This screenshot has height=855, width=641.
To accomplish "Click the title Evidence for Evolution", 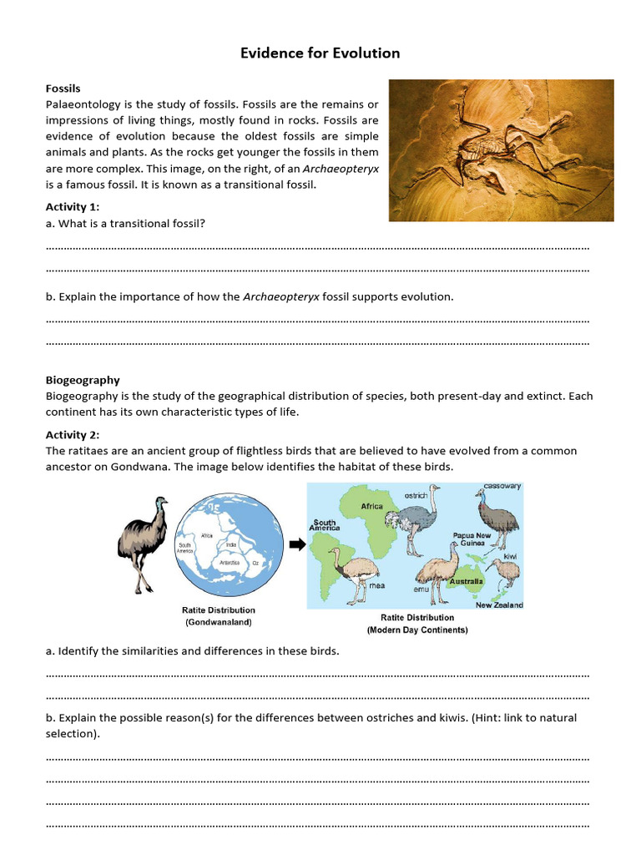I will pyautogui.click(x=320, y=53).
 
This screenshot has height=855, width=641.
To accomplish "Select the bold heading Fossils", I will pyautogui.click(x=63, y=88).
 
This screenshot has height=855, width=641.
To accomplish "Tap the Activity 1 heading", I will pyautogui.click(x=72, y=207).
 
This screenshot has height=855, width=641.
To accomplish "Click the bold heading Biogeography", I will pyautogui.click(x=83, y=380).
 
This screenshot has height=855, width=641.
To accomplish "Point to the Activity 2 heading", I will pyautogui.click(x=72, y=434).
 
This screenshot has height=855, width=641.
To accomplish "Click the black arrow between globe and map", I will pyautogui.click(x=296, y=545).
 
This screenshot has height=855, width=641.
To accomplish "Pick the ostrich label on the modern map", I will pyautogui.click(x=416, y=495).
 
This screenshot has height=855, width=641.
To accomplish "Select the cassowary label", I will pyautogui.click(x=502, y=486).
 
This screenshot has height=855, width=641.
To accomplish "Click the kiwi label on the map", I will pyautogui.click(x=510, y=555).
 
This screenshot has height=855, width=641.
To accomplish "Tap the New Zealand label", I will pyautogui.click(x=499, y=605).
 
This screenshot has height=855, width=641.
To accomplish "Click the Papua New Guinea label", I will pyautogui.click(x=472, y=539).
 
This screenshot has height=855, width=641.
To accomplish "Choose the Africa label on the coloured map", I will pyautogui.click(x=371, y=506).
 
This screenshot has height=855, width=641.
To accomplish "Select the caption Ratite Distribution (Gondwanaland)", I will pyautogui.click(x=220, y=616).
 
